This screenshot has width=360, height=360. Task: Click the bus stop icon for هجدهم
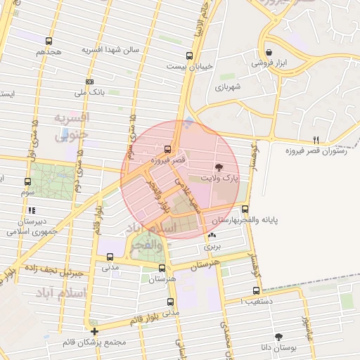tap(48, 41)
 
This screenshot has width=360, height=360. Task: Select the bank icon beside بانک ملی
tap(89, 82)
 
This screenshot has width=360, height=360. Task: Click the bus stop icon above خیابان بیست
tap(188, 56)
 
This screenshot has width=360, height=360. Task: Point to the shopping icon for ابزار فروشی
tap(270, 52)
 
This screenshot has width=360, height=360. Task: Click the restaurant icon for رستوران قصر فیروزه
tap(316, 139)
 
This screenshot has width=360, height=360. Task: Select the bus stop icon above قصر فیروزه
tap(167, 149)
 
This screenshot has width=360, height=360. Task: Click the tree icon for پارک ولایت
tap(218, 167)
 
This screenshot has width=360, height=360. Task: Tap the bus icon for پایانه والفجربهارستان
tap(245, 209)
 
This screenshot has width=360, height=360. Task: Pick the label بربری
tap(212, 247)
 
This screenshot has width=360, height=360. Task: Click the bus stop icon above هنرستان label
tap(163, 267)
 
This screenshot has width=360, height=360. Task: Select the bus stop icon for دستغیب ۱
tap(256, 290)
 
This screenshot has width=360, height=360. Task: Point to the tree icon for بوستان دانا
tap(279, 337)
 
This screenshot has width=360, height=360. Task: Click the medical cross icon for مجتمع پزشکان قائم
tap(94, 331)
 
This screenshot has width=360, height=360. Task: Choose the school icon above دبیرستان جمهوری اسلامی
tap(30, 210)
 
